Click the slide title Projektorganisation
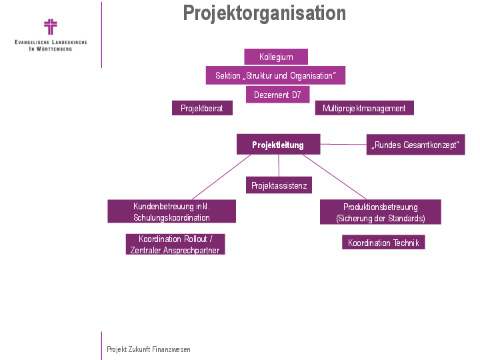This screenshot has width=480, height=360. tap(265, 13)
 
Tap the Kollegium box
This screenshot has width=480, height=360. tap(276, 57)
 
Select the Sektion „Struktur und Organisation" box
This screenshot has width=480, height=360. tap(275, 75)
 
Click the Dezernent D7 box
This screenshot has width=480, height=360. tap(277, 95)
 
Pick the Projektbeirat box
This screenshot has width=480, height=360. tap(202, 108)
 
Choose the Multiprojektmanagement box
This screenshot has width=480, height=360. tap(364, 108)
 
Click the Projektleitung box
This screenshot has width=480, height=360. tap(278, 145)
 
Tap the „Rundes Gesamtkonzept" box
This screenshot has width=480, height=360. tap(415, 145)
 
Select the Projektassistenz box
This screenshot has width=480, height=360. tap(279, 185)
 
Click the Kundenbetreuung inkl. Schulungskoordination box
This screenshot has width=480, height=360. tap(171, 212)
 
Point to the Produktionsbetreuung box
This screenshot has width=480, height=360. tap(380, 212)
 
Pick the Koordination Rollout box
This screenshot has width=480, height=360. tap(175, 245)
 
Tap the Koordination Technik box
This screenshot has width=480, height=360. tap(383, 243)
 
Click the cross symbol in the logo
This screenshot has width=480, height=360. tap(51, 27)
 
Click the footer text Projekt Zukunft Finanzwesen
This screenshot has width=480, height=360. tap(149, 349)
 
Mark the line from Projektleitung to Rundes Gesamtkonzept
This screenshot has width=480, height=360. tap(343, 144)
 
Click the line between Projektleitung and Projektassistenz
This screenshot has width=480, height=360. tap(279, 166)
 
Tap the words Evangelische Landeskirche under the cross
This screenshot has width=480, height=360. tap(51, 42)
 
